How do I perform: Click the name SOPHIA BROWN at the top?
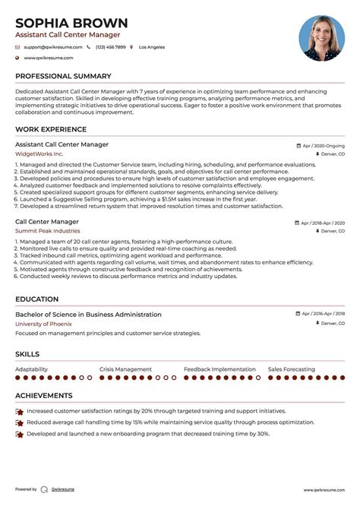(x=71, y=22)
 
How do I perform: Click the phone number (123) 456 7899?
(x=111, y=47)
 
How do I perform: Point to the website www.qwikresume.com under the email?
(x=49, y=58)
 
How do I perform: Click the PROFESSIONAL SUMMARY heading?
(x=62, y=77)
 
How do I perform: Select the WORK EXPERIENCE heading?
(x=51, y=130)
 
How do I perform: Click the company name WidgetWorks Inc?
(x=39, y=153)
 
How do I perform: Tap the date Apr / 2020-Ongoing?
(x=323, y=144)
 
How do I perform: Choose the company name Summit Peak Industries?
(x=47, y=230)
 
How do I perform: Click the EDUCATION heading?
(x=37, y=300)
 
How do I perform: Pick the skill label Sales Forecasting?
(x=291, y=369)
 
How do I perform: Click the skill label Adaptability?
(x=32, y=369)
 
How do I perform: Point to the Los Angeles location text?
(x=151, y=47)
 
